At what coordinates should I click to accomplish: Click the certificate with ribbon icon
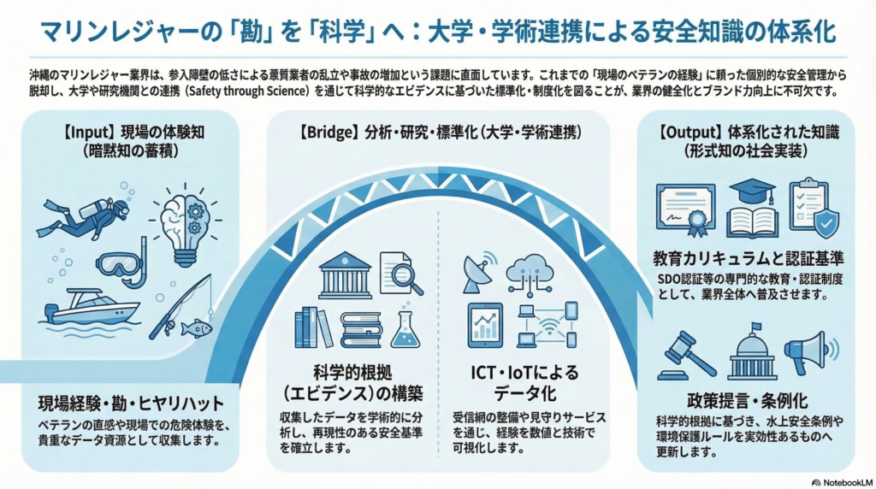[x=685, y=209]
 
